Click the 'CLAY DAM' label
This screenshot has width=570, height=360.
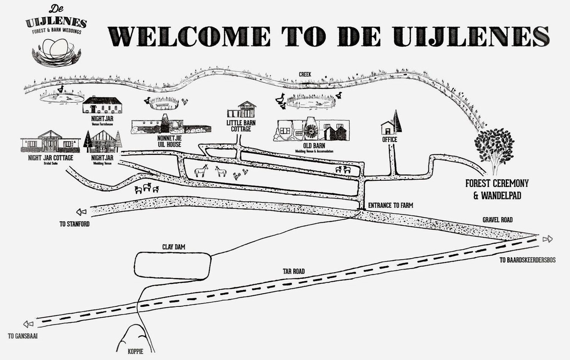pyautogui.click(x=174, y=247)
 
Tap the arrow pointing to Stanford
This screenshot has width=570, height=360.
pyautogui.click(x=81, y=212)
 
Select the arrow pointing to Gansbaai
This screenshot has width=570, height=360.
pyautogui.click(x=28, y=324)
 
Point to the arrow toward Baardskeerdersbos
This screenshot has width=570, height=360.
pyautogui.click(x=548, y=239)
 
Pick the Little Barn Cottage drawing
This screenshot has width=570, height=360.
pyautogui.click(x=241, y=109)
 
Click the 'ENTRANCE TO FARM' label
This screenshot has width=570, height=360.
pyautogui.click(x=391, y=205)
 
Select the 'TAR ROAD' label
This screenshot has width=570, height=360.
pyautogui.click(x=294, y=272)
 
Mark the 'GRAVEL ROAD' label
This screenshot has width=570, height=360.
pyautogui.click(x=497, y=219)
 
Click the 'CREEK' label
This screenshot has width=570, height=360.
pyautogui.click(x=305, y=74)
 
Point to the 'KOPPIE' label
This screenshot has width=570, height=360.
pyautogui.click(x=135, y=352)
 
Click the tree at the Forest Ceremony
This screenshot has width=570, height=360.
pyautogui.click(x=494, y=151)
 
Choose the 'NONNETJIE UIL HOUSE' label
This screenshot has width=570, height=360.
pyautogui.click(x=169, y=142)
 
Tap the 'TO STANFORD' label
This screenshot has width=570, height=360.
pyautogui.click(x=74, y=224)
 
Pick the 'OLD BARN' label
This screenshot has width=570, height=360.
pyautogui.click(x=314, y=146)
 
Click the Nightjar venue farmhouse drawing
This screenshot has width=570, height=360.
pyautogui.click(x=102, y=104)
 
